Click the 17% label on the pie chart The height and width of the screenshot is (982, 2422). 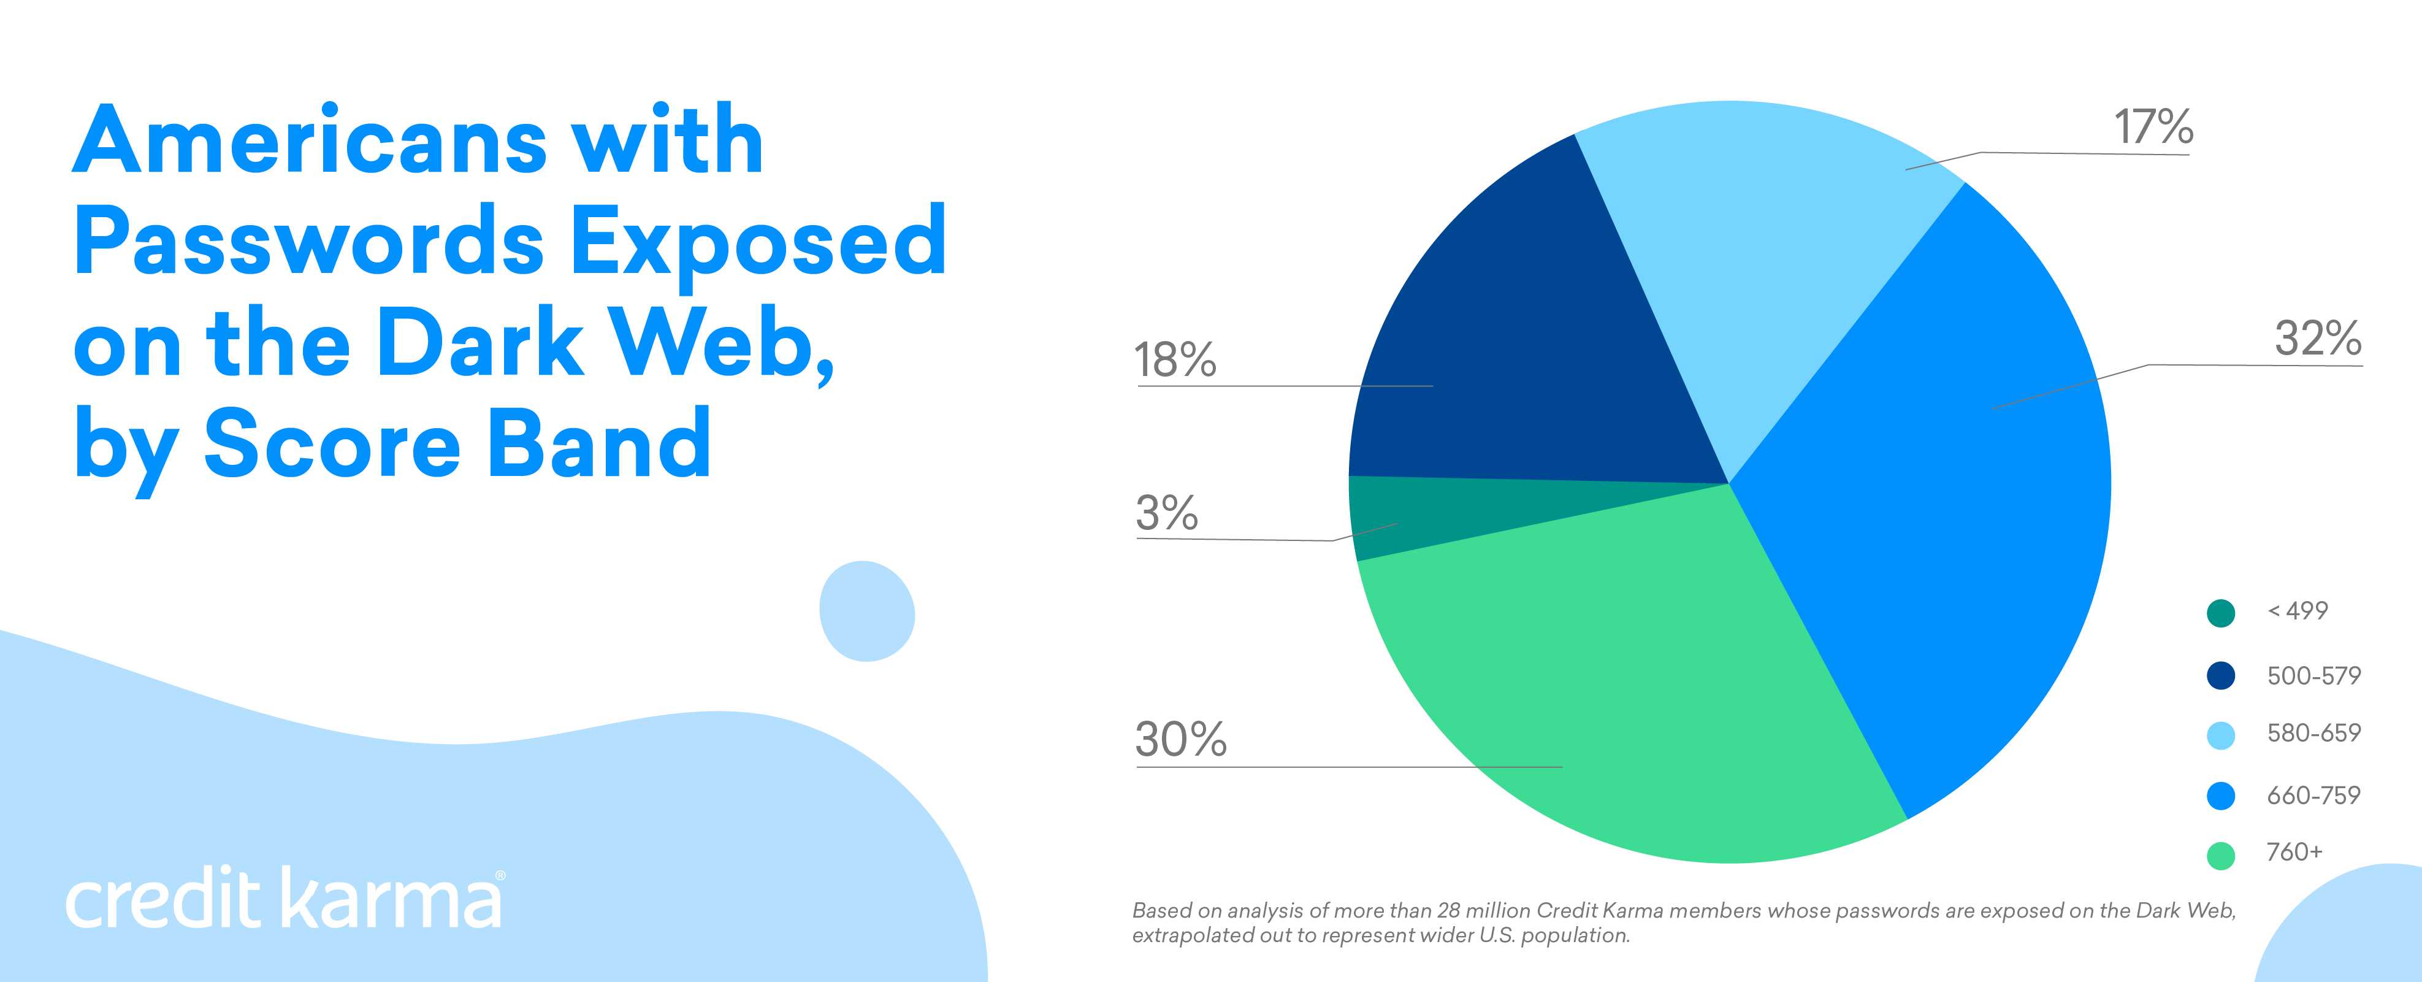click(x=2152, y=127)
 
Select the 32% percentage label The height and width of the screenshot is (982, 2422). click(x=2317, y=339)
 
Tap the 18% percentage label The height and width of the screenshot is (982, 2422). click(x=1175, y=360)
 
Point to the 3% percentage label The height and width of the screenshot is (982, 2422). click(x=1167, y=513)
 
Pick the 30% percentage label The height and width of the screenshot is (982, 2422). click(x=1181, y=739)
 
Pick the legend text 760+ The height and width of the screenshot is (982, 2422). click(x=2294, y=852)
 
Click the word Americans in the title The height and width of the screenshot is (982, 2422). click(x=310, y=141)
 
